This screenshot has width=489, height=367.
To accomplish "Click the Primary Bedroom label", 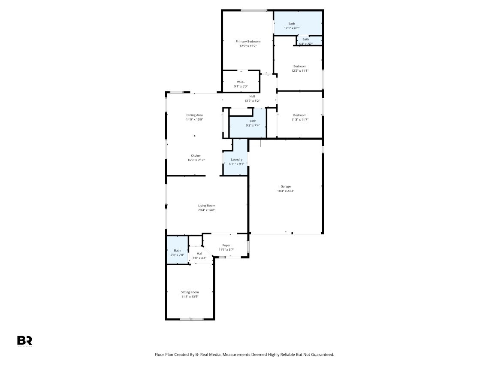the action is [x=248, y=42].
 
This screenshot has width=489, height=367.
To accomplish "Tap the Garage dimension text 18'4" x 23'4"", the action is [x=286, y=191].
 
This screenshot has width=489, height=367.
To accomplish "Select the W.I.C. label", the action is [x=241, y=82].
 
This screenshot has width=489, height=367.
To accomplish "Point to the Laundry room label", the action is [x=236, y=160].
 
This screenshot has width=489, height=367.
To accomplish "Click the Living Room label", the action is [x=207, y=206].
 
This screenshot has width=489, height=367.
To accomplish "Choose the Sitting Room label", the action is [x=190, y=292].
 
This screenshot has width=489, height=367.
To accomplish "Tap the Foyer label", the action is [x=226, y=245].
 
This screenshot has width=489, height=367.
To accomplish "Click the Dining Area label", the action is [x=195, y=115].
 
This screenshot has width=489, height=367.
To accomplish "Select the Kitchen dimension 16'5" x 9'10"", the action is [x=196, y=160].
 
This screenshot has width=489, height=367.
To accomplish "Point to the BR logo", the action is [x=24, y=340].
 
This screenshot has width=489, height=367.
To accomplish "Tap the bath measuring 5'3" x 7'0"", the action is [x=177, y=251].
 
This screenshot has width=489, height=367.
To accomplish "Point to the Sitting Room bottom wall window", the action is [x=192, y=319].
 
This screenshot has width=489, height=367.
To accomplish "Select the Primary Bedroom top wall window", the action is [x=254, y=11].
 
